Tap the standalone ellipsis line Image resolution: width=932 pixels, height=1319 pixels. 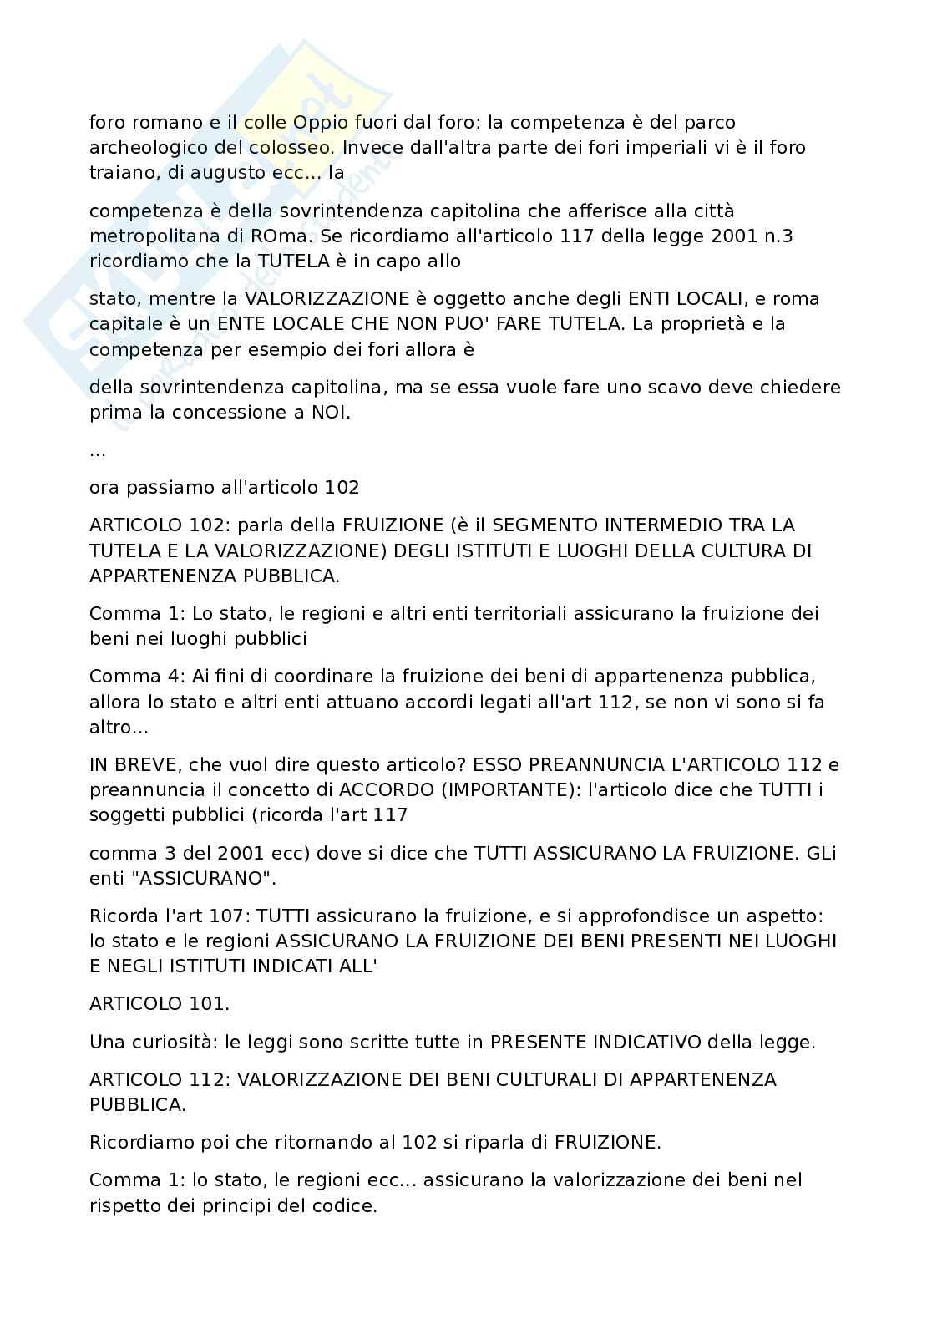click(x=97, y=451)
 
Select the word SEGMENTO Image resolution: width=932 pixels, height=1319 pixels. click(x=551, y=525)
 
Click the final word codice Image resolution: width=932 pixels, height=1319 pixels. click(x=346, y=1205)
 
